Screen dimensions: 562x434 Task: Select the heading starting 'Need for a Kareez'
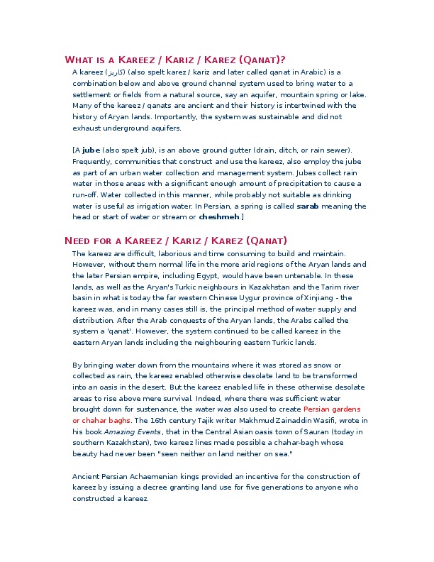[x=176, y=241]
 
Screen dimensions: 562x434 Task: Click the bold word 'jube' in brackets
[x=91, y=150]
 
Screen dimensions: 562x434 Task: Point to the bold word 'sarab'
[x=307, y=206]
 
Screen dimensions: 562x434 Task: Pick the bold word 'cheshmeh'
[x=219, y=216]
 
